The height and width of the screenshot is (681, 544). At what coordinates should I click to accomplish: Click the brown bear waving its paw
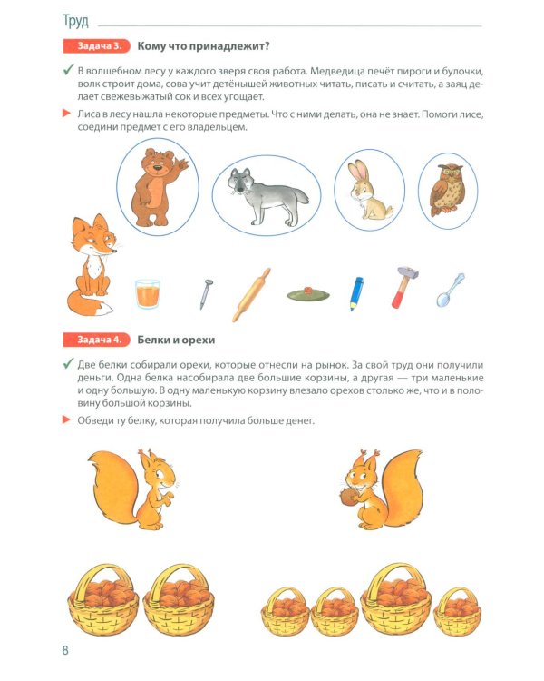pos(158,185)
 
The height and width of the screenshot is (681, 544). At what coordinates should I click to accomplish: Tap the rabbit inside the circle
pos(364,190)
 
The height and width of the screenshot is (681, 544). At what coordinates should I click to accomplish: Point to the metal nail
pos(206,293)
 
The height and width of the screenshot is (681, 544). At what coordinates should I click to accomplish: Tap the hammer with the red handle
pos(402,286)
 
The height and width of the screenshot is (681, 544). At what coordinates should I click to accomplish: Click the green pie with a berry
pos(307,293)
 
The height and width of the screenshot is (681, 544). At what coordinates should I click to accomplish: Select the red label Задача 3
pos(96,46)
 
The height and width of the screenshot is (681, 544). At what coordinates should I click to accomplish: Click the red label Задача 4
pos(96,340)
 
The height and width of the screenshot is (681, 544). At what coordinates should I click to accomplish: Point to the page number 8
pos(64,650)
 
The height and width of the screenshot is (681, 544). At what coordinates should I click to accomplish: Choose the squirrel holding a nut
pos(373,489)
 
